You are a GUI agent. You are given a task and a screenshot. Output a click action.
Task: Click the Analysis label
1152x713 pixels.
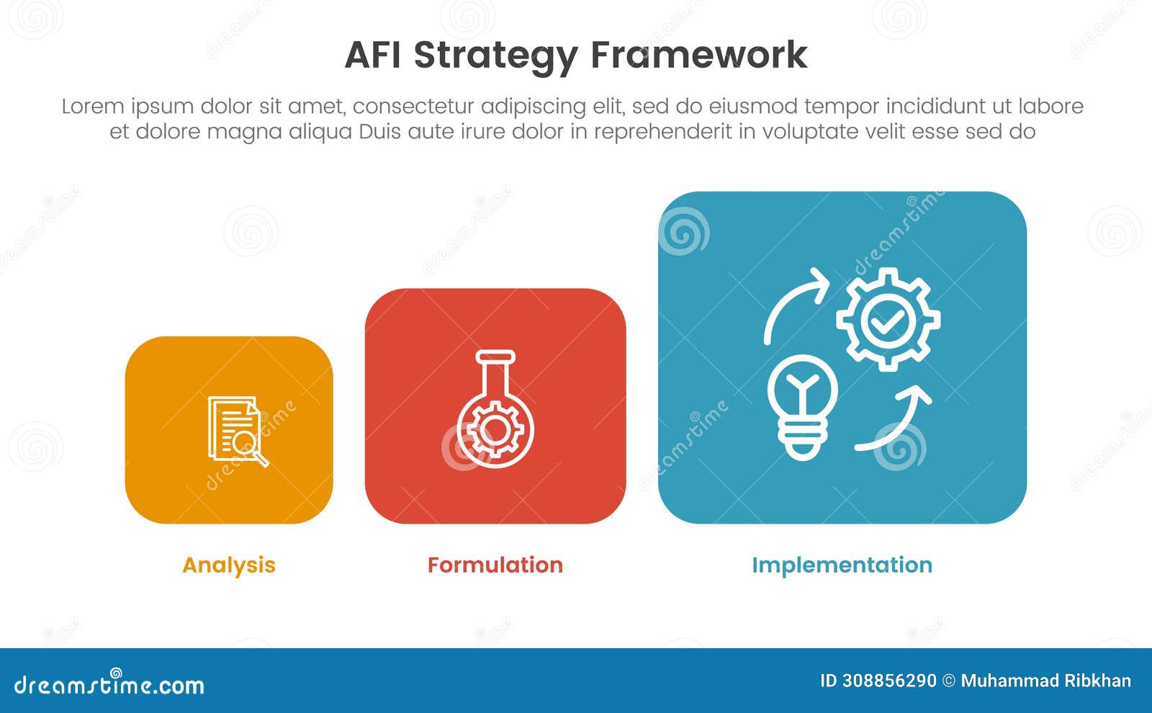(x=229, y=565)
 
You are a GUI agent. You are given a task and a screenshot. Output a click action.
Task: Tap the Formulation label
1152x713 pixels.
(x=495, y=565)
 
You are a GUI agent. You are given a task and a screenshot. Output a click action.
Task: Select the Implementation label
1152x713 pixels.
(x=842, y=565)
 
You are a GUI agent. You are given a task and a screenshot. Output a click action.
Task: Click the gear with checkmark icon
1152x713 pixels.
(x=888, y=320)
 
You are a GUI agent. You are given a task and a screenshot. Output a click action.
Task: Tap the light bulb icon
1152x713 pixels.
(x=802, y=406)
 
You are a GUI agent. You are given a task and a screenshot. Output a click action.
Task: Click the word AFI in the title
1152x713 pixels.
(x=374, y=55)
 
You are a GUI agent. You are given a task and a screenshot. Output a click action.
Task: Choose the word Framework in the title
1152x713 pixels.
(x=698, y=55)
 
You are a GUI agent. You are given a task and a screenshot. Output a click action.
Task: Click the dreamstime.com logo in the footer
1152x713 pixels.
(x=109, y=685)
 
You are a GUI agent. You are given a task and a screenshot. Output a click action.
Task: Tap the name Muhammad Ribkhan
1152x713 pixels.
(x=1045, y=681)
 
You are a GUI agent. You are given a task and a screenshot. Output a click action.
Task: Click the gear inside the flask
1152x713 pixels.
(x=495, y=429)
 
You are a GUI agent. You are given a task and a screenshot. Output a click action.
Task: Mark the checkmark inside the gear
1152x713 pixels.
(x=888, y=321)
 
